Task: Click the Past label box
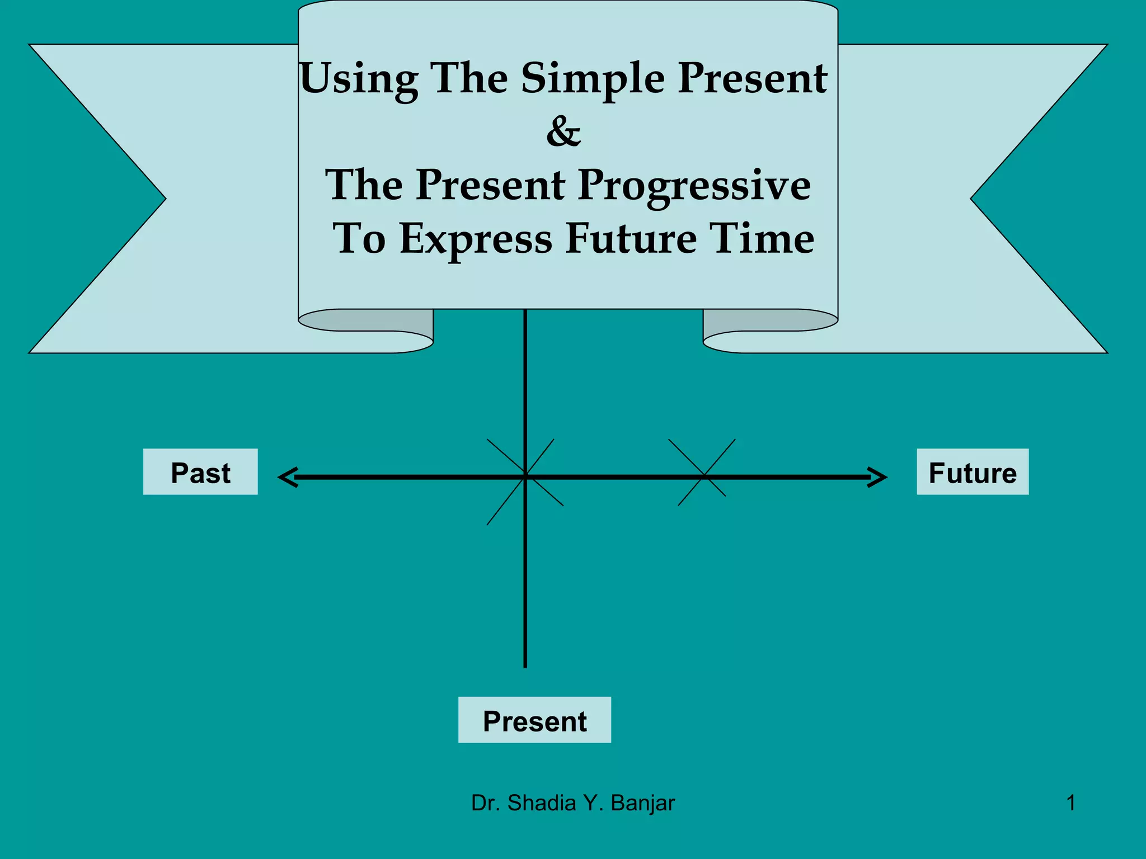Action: [200, 472]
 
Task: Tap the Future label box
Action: [973, 472]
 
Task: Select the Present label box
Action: [534, 720]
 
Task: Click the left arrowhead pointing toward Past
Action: [288, 477]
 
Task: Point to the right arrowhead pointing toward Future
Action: [877, 477]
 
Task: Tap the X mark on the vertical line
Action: [525, 476]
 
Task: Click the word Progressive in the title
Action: [694, 186]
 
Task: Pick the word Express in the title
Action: [476, 239]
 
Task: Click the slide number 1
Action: [1070, 803]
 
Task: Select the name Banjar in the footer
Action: [643, 803]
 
